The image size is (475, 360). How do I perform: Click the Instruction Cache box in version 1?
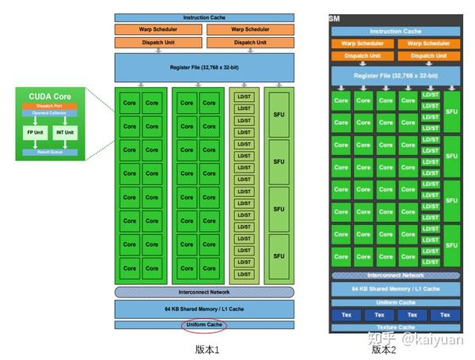[x=204, y=17]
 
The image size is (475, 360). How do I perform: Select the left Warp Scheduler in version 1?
[x=158, y=30]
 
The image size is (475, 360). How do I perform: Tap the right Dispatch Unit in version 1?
[x=250, y=42]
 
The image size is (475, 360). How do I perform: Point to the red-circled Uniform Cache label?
[x=204, y=324]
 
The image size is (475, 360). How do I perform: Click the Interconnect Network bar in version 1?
[x=204, y=292]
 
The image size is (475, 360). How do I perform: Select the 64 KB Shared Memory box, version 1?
[x=204, y=308]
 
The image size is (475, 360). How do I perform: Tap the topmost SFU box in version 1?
[x=279, y=114]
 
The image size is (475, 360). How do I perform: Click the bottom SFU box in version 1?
[x=279, y=256]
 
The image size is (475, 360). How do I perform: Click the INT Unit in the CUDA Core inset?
[x=65, y=133]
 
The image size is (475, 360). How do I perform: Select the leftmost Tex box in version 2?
[x=345, y=315]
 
